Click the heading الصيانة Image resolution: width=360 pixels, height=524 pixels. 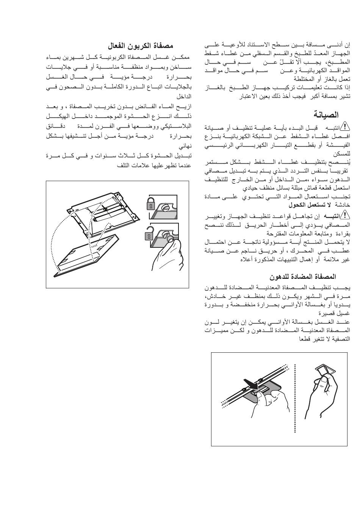326,114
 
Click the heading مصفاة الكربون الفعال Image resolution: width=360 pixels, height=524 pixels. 141,46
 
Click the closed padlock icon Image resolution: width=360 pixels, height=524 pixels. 151,204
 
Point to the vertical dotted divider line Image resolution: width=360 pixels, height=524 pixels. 294,398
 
